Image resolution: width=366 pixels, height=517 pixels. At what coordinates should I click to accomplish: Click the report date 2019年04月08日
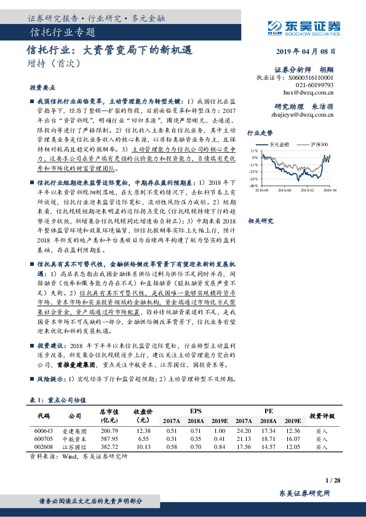point(306,51)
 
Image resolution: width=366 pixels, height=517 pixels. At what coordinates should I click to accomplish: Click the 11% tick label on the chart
point(253,150)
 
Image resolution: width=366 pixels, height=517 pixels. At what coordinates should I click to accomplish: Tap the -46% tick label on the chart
point(253,185)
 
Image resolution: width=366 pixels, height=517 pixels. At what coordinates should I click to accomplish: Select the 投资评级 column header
point(321,416)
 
